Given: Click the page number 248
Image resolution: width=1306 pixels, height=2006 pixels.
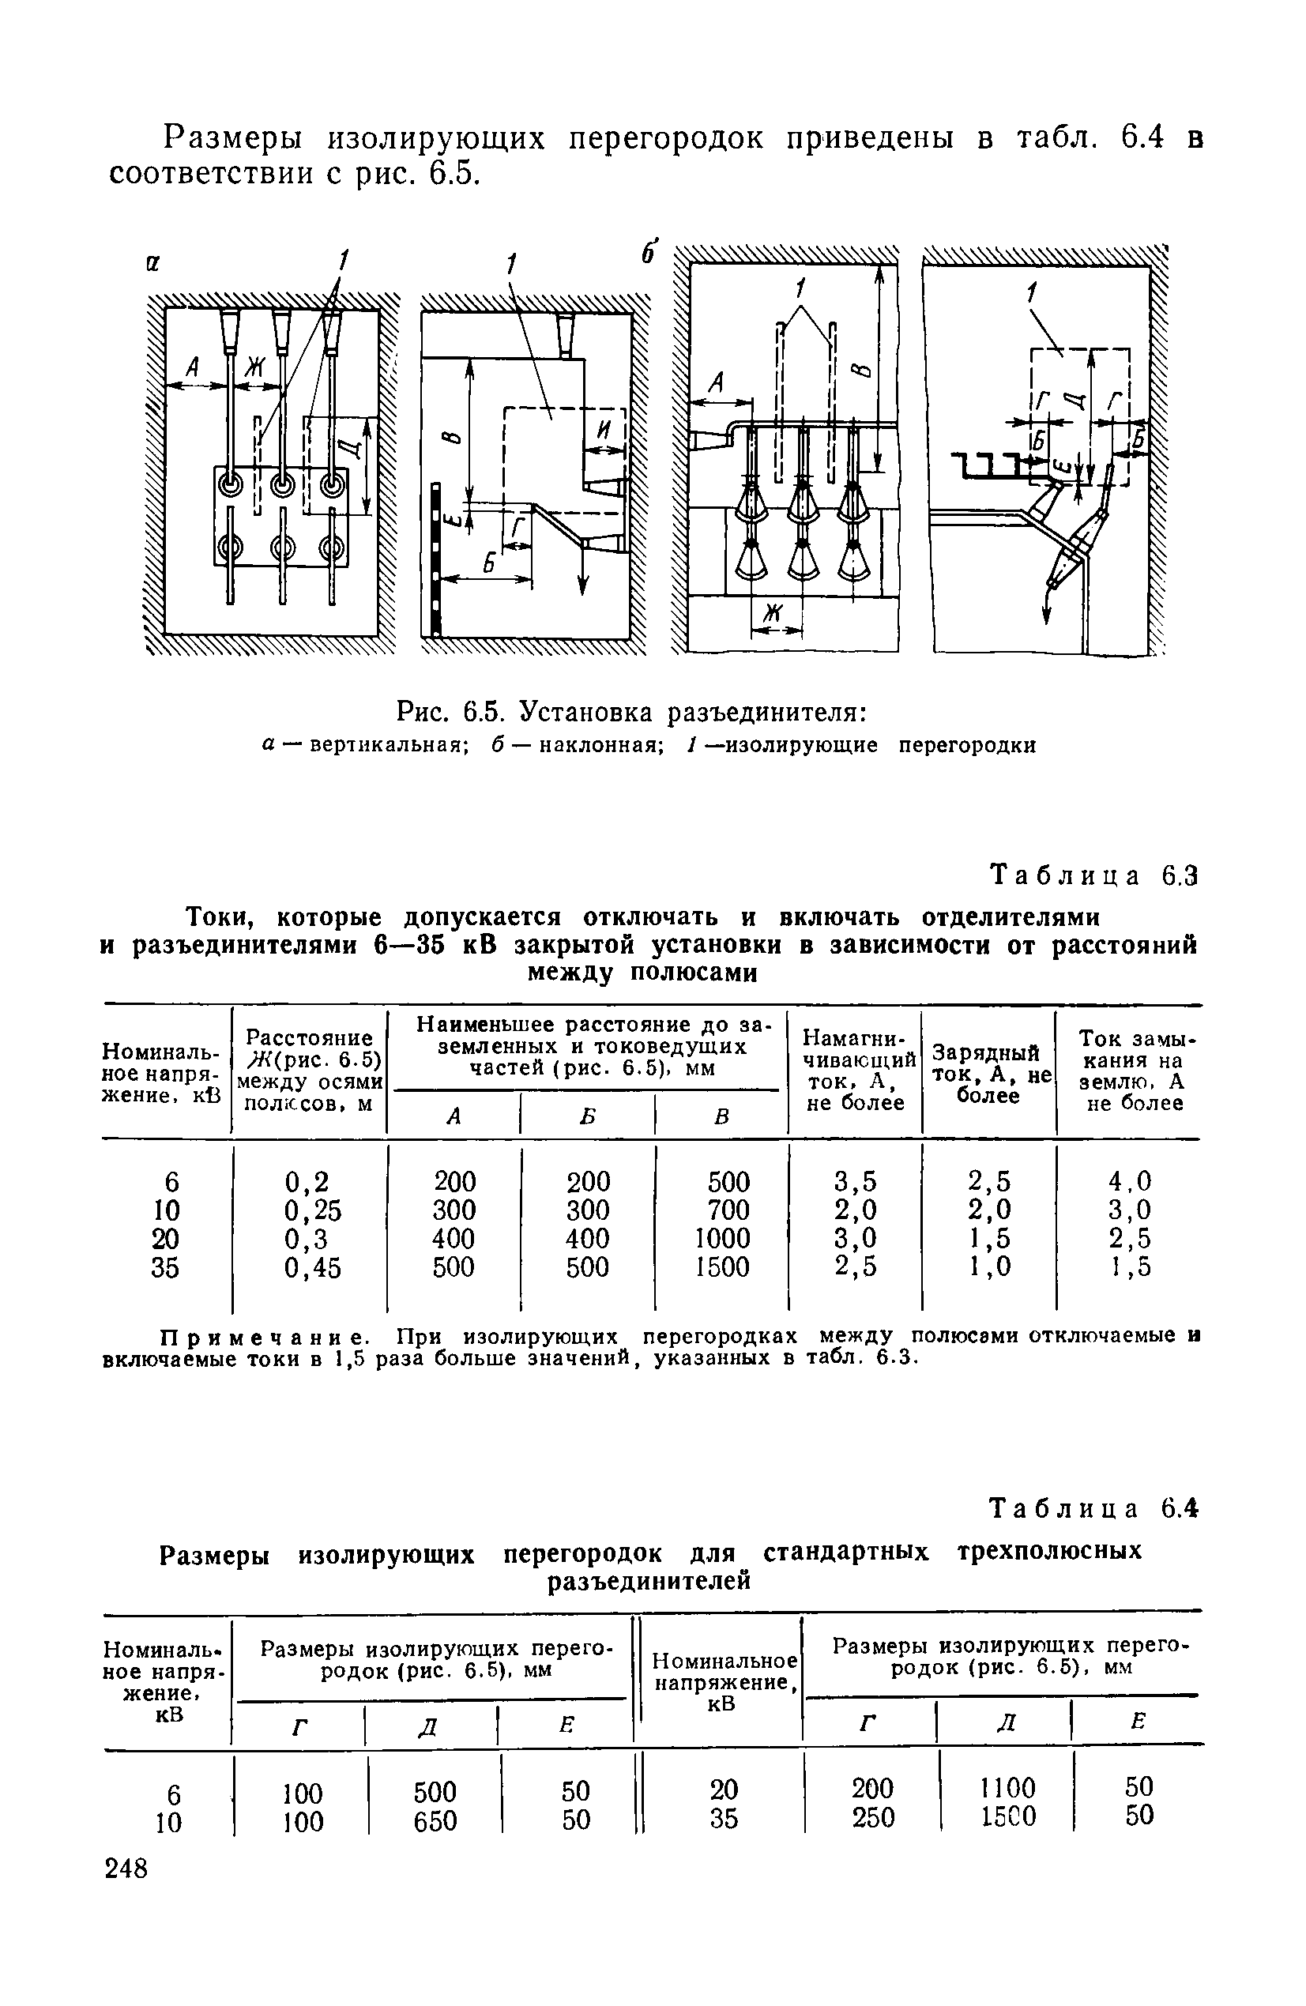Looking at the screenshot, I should point(126,1869).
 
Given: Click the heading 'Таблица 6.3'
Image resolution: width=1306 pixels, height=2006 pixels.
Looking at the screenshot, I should point(1093,876).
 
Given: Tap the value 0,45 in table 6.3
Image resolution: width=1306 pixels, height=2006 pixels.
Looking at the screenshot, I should point(313,1267).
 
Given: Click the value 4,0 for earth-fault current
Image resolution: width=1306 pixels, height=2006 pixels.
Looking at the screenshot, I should point(1130,1181).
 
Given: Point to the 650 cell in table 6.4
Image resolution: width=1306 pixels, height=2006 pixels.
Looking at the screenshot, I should point(435,1821).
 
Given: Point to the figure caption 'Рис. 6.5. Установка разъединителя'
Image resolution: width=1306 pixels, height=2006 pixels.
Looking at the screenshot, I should point(631,713).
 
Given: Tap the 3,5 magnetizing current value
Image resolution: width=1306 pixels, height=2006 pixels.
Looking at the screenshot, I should point(856,1181).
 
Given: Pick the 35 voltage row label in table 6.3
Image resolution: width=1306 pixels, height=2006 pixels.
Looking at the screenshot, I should point(165,1267).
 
